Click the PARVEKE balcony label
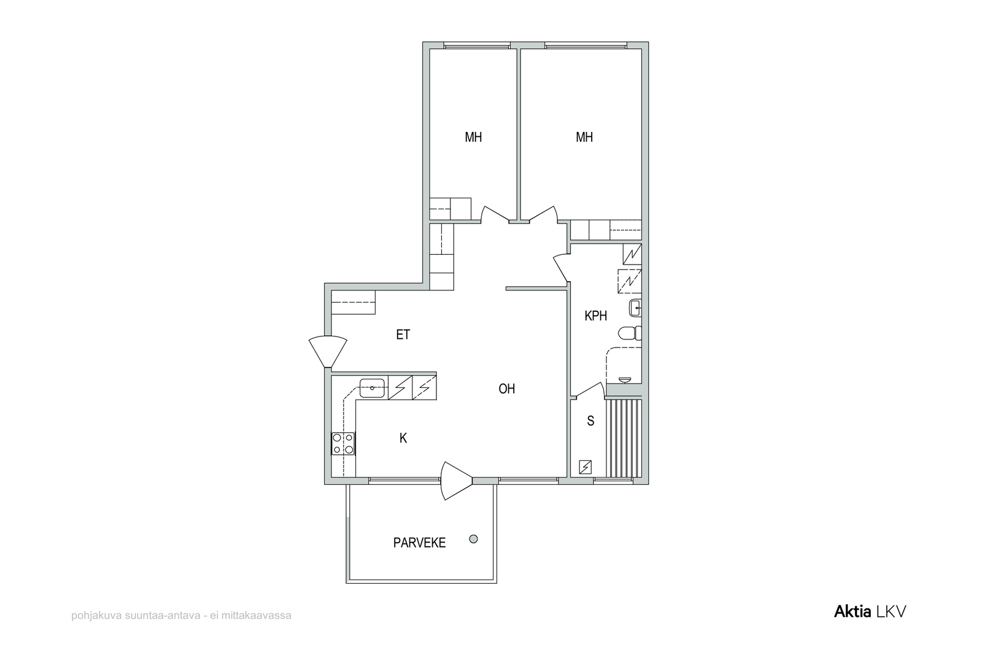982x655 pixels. pyautogui.click(x=419, y=543)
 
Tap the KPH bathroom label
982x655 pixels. pyautogui.click(x=596, y=316)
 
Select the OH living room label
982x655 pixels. pyautogui.click(x=507, y=389)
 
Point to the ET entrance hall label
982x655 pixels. pyautogui.click(x=403, y=335)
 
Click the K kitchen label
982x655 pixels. pyautogui.click(x=403, y=438)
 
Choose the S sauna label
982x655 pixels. pyautogui.click(x=590, y=421)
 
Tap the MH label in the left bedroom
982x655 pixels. pyautogui.click(x=473, y=138)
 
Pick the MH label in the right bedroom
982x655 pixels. pyautogui.click(x=584, y=138)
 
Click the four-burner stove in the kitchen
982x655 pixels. pyautogui.click(x=343, y=443)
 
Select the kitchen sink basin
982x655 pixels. pyautogui.click(x=372, y=388)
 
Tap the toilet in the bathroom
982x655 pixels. pyautogui.click(x=630, y=333)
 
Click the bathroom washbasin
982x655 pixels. pyautogui.click(x=635, y=308)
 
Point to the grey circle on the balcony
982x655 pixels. pyautogui.click(x=473, y=539)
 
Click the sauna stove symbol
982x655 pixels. pyautogui.click(x=586, y=467)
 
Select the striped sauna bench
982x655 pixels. pyautogui.click(x=624, y=438)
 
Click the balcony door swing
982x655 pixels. pyautogui.click(x=457, y=481)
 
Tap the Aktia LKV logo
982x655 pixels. pyautogui.click(x=870, y=611)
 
